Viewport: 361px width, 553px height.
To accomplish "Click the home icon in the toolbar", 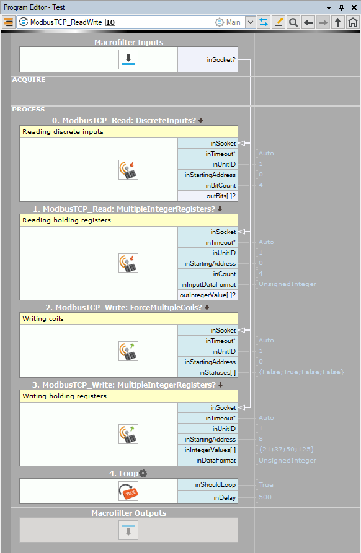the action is [x=352, y=22].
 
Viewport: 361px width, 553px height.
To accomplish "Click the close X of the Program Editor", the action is [x=354, y=7].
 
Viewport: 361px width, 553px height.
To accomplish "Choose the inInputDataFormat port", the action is [x=208, y=285].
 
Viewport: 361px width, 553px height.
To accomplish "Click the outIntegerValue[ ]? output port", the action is [x=208, y=295].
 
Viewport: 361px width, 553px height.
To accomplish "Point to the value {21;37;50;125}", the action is [x=287, y=450].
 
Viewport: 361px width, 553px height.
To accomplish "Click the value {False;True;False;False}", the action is [x=301, y=372].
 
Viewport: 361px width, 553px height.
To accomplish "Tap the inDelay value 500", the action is [x=265, y=497].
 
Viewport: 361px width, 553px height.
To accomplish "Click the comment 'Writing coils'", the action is [x=43, y=318].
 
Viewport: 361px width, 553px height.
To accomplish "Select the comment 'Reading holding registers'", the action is [x=67, y=220].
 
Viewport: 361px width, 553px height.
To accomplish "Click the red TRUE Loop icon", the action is [x=128, y=491].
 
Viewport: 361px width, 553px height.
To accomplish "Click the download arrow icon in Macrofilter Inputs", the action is [x=128, y=59].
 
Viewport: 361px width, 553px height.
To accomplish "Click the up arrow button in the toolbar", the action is [x=337, y=22].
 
